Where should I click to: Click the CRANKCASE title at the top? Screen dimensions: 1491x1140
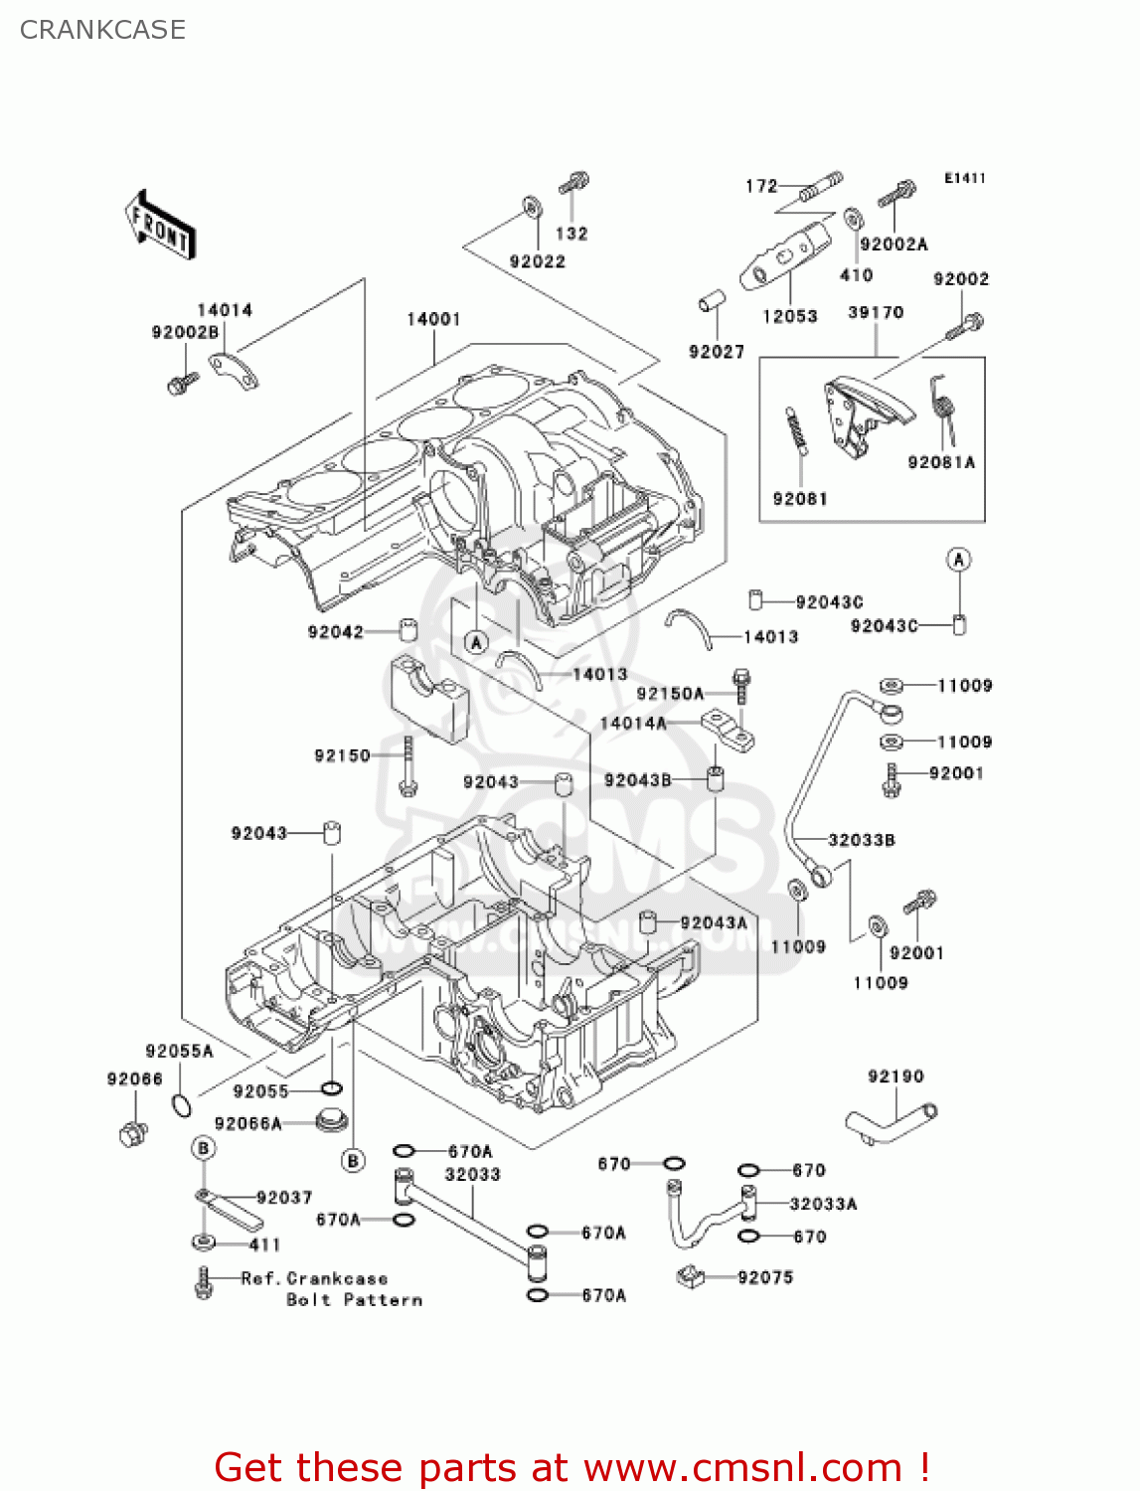pos(102,30)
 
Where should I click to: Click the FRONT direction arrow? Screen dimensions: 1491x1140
pos(160,226)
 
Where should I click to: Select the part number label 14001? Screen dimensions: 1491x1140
pos(433,319)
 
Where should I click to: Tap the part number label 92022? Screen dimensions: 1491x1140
pos(537,261)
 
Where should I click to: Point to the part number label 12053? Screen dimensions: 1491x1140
pos(790,316)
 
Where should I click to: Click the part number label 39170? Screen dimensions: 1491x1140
pos(876,312)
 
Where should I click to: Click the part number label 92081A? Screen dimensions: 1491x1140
pos(941,462)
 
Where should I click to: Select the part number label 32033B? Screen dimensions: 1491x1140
pos(861,840)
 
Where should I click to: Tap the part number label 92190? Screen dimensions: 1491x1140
pos(896,1077)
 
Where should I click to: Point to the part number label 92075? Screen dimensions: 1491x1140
pos(765,1277)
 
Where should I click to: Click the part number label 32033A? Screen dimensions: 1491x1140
pos(823,1204)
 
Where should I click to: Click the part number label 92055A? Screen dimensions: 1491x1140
pos(179,1051)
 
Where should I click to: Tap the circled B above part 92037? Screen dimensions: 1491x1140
pos(203,1149)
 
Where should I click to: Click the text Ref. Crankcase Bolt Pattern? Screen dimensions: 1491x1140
pos(332,1289)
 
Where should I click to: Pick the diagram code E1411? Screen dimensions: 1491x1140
pos(964,178)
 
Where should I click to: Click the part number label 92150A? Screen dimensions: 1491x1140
pos(669,694)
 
